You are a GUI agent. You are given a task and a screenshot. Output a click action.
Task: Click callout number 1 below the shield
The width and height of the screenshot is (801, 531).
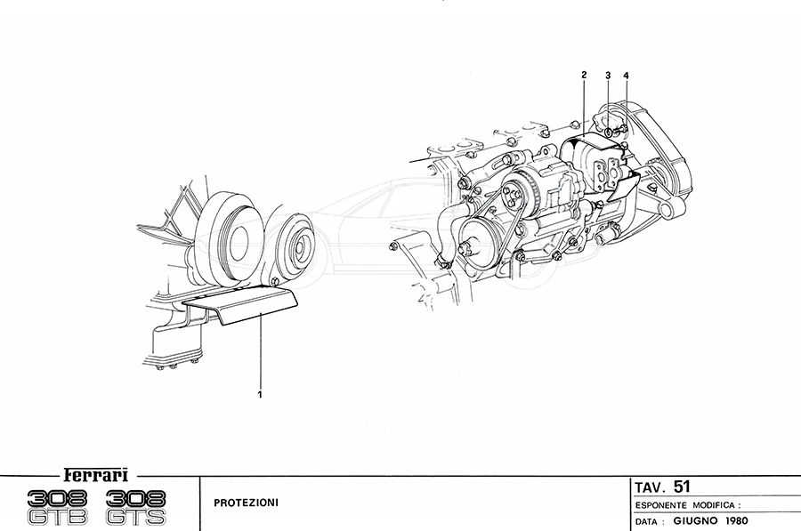(x=260, y=391)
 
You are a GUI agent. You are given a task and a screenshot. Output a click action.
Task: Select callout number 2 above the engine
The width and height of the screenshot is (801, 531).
(x=584, y=75)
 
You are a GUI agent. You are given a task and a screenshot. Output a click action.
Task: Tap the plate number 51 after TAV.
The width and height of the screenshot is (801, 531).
(x=682, y=487)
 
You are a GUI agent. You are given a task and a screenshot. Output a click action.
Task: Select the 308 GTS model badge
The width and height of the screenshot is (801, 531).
(x=136, y=506)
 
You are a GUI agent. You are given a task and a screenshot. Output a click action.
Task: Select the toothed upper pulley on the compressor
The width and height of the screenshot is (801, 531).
(x=514, y=196)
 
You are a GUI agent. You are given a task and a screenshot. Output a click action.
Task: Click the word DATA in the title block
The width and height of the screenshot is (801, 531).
(x=648, y=520)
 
